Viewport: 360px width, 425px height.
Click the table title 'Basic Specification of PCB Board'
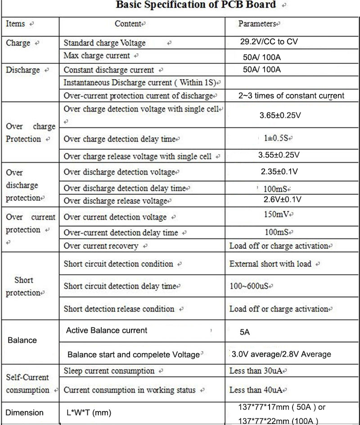click(196, 5)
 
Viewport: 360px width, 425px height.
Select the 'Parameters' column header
click(258, 24)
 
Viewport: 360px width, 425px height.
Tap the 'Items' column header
click(16, 24)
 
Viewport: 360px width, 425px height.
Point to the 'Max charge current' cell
click(97, 56)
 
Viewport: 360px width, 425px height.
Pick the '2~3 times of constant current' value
click(291, 95)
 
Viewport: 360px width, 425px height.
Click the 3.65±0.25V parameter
click(280, 116)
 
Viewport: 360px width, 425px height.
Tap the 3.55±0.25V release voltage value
click(279, 155)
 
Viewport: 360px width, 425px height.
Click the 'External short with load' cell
click(270, 264)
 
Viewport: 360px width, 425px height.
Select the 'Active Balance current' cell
click(107, 331)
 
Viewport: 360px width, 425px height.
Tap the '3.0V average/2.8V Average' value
click(281, 354)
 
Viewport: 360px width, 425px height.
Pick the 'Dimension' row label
click(25, 413)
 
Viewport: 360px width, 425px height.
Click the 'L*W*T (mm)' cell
click(88, 413)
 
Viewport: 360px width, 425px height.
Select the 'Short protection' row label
click(24, 286)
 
